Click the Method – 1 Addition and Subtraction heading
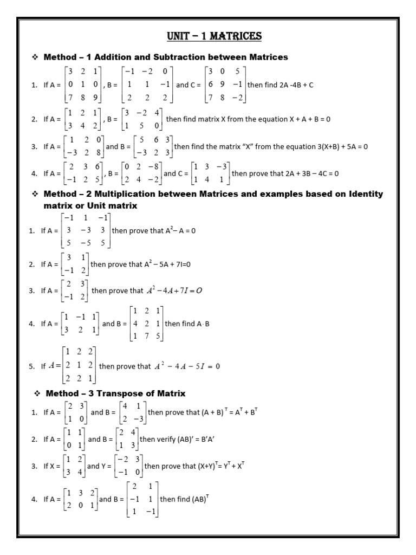coord(165,57)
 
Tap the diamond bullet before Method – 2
coord(37,194)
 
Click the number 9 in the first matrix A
coord(96,98)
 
